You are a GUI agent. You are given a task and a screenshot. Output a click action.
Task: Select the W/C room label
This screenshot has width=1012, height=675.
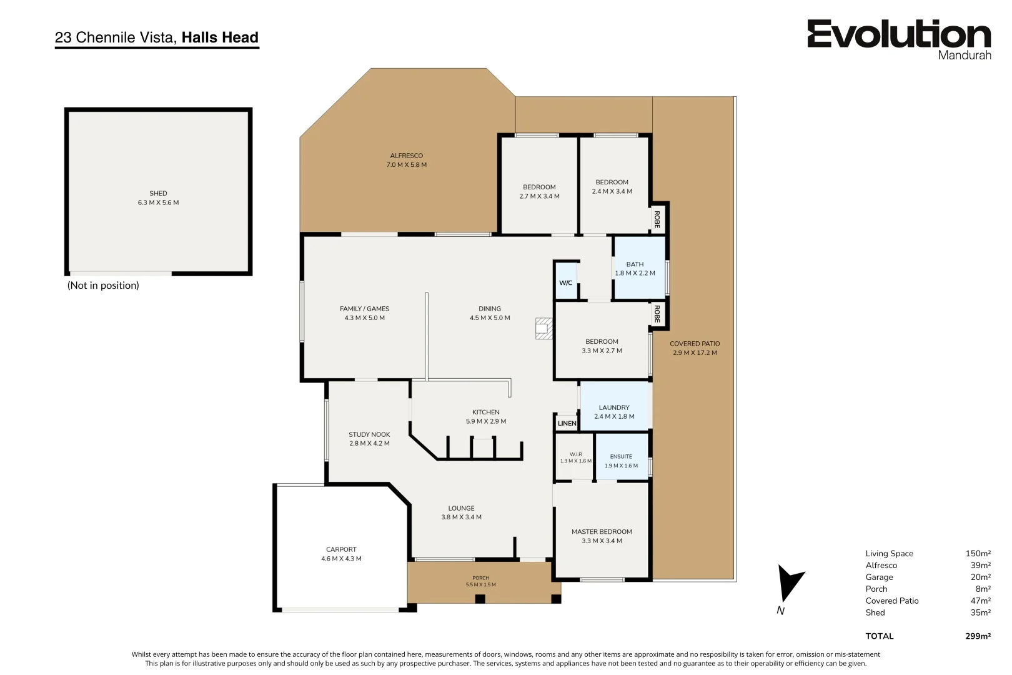[x=565, y=283]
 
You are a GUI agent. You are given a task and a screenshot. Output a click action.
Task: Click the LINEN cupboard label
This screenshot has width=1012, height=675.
[x=567, y=423]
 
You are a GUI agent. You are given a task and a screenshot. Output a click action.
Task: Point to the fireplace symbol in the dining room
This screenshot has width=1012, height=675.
[x=544, y=329]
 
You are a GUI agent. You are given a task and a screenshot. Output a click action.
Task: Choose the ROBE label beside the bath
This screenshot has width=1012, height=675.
[x=657, y=220]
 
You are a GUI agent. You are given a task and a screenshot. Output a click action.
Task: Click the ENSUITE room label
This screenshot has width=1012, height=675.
[x=621, y=457]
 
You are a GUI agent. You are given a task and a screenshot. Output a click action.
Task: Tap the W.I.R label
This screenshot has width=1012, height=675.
[x=575, y=454]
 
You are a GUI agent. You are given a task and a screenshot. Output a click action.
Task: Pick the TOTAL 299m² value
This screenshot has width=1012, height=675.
[x=978, y=636]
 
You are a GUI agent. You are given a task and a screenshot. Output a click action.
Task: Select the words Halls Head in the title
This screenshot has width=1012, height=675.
[x=220, y=37]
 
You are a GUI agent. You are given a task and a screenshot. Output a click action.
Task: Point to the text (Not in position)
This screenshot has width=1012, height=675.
[x=103, y=285]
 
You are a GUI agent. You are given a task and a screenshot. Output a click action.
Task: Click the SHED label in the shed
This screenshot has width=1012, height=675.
[x=158, y=194]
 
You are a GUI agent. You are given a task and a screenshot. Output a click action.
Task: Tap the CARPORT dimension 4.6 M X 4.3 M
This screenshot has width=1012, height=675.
[x=341, y=559]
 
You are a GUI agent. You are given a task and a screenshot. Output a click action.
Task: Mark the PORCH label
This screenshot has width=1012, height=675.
[x=481, y=577]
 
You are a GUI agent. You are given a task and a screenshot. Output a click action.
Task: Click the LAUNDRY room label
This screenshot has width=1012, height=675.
[x=614, y=407]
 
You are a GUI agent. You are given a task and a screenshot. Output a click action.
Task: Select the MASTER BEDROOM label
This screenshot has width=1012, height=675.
[x=602, y=532]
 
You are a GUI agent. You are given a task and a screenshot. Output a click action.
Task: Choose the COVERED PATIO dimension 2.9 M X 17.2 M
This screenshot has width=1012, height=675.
[x=695, y=352]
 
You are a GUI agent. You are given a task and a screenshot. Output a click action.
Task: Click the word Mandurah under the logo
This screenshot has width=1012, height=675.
[x=965, y=55]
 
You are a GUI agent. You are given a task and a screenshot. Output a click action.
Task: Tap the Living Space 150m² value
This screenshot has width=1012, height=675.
[x=978, y=553]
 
